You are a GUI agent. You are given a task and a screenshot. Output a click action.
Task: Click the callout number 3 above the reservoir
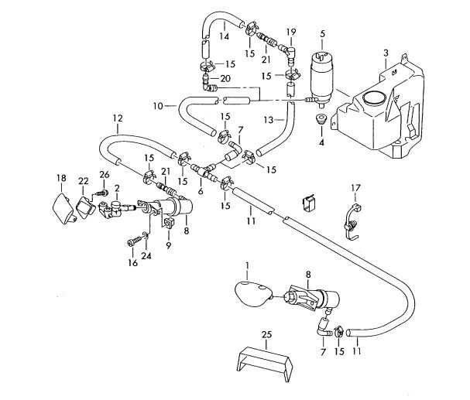point(386,53)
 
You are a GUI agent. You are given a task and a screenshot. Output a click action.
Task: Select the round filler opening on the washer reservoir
point(373,97)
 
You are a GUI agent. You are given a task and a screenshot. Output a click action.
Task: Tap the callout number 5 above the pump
point(322,34)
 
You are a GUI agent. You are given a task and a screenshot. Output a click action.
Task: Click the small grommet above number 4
point(321,118)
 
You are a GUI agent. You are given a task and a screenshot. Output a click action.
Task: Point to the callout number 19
point(291,32)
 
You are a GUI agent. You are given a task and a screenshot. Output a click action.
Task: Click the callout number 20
point(225,79)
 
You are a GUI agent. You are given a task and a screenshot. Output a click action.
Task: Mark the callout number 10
point(158,106)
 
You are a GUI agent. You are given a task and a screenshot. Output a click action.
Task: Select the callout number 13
point(269,120)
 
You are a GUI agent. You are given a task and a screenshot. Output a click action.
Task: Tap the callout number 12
point(118,118)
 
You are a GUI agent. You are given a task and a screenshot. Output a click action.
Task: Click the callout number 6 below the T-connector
point(201,191)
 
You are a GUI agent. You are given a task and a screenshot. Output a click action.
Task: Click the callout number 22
point(84,181)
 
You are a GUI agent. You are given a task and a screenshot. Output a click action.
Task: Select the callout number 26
point(105,175)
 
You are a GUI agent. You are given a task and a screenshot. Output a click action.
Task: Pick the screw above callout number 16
point(134,241)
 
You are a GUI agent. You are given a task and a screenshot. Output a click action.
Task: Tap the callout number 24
point(146,256)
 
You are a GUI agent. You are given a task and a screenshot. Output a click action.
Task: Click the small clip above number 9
point(168,224)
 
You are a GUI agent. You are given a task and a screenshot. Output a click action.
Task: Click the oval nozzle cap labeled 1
point(252,295)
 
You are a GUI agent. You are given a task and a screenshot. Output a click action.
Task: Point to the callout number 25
point(266,334)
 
